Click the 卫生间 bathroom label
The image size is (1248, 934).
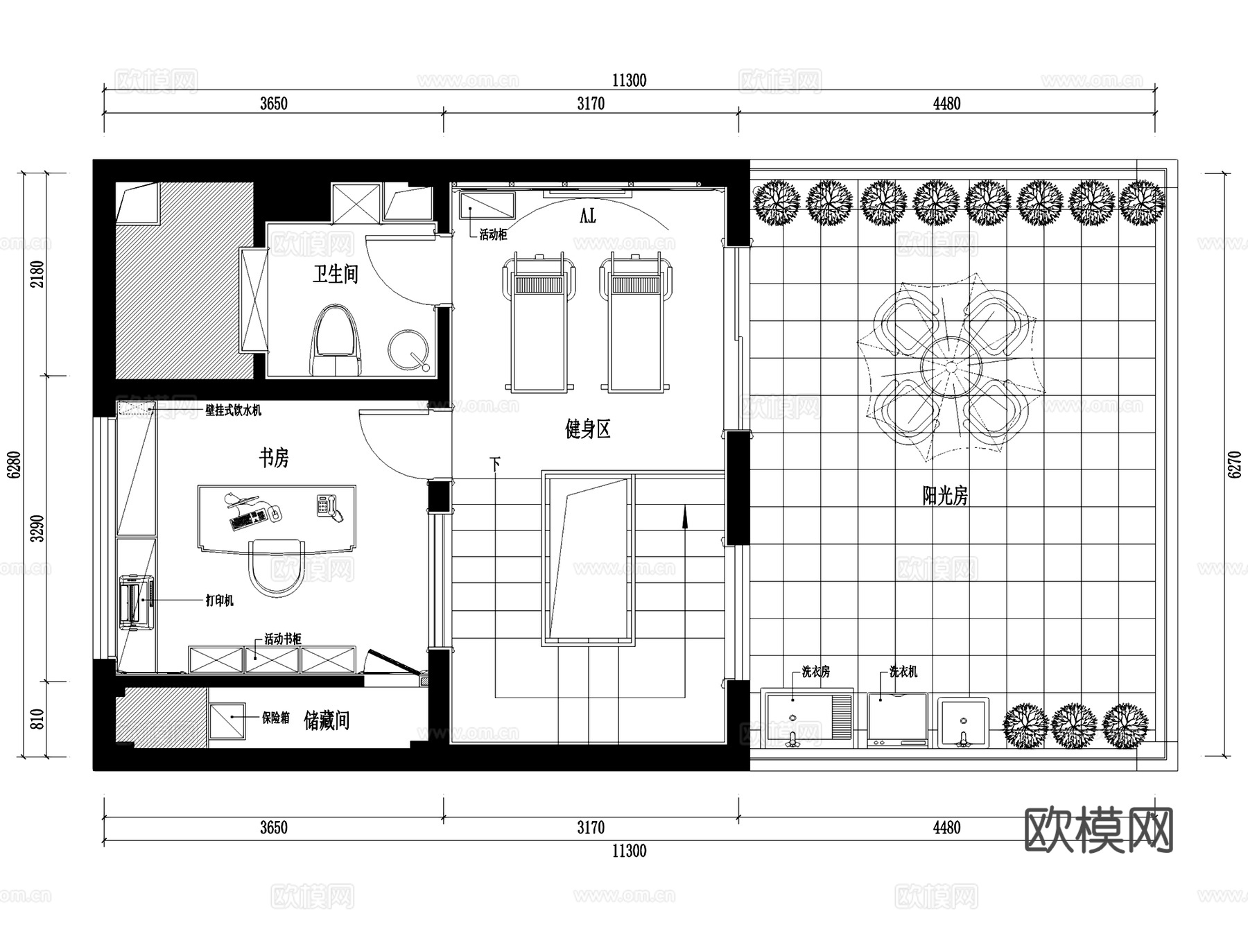[335, 274]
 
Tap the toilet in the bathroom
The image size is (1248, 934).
[336, 341]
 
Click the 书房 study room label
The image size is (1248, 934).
[273, 458]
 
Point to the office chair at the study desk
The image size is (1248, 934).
[277, 567]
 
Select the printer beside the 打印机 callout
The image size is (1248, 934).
[134, 602]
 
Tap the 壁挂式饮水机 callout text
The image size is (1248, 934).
[233, 410]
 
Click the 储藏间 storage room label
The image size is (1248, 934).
[326, 721]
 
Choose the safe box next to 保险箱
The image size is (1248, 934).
[226, 720]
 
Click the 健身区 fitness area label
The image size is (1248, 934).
[587, 430]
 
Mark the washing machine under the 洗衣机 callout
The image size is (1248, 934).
[897, 719]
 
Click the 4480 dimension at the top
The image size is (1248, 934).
[946, 104]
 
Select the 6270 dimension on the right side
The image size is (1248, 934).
[1234, 465]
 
